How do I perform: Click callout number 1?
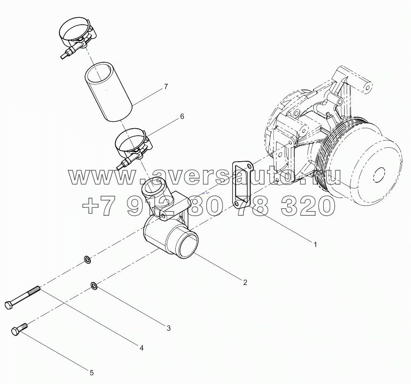pos(315,244)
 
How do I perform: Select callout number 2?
pos(245,283)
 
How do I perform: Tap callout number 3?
pos(168,328)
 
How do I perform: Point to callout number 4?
pos(141,348)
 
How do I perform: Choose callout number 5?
pos(92,373)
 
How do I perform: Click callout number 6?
pos(182,117)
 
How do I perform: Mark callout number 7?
pos(165,87)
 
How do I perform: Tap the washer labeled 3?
pos(94,285)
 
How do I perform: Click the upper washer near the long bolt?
pos(87,259)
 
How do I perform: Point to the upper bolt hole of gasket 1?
pos(249,167)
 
